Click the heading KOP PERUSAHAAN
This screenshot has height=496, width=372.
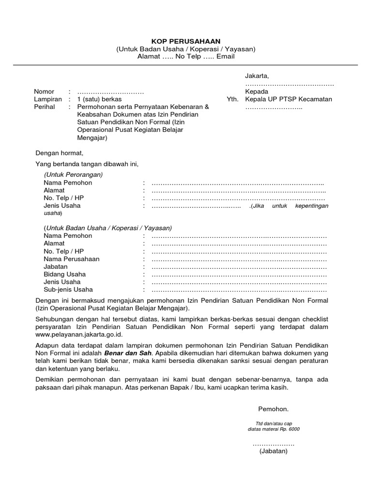[x=186, y=41]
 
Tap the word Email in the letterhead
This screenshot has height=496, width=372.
[x=225, y=57]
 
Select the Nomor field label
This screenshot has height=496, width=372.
[x=44, y=92]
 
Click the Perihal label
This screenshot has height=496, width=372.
[x=45, y=107]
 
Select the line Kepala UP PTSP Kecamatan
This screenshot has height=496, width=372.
[x=289, y=99]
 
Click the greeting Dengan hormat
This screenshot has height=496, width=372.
[x=60, y=153]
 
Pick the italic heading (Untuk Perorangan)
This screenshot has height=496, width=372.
[x=73, y=174]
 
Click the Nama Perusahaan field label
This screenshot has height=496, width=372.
[x=71, y=259]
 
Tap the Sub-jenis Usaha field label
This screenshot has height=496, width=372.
[x=68, y=290]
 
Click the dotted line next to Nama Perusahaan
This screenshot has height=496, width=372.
[x=239, y=259]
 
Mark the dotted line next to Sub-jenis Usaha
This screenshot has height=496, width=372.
[x=239, y=290]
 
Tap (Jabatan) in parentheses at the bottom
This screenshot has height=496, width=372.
[x=273, y=451]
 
